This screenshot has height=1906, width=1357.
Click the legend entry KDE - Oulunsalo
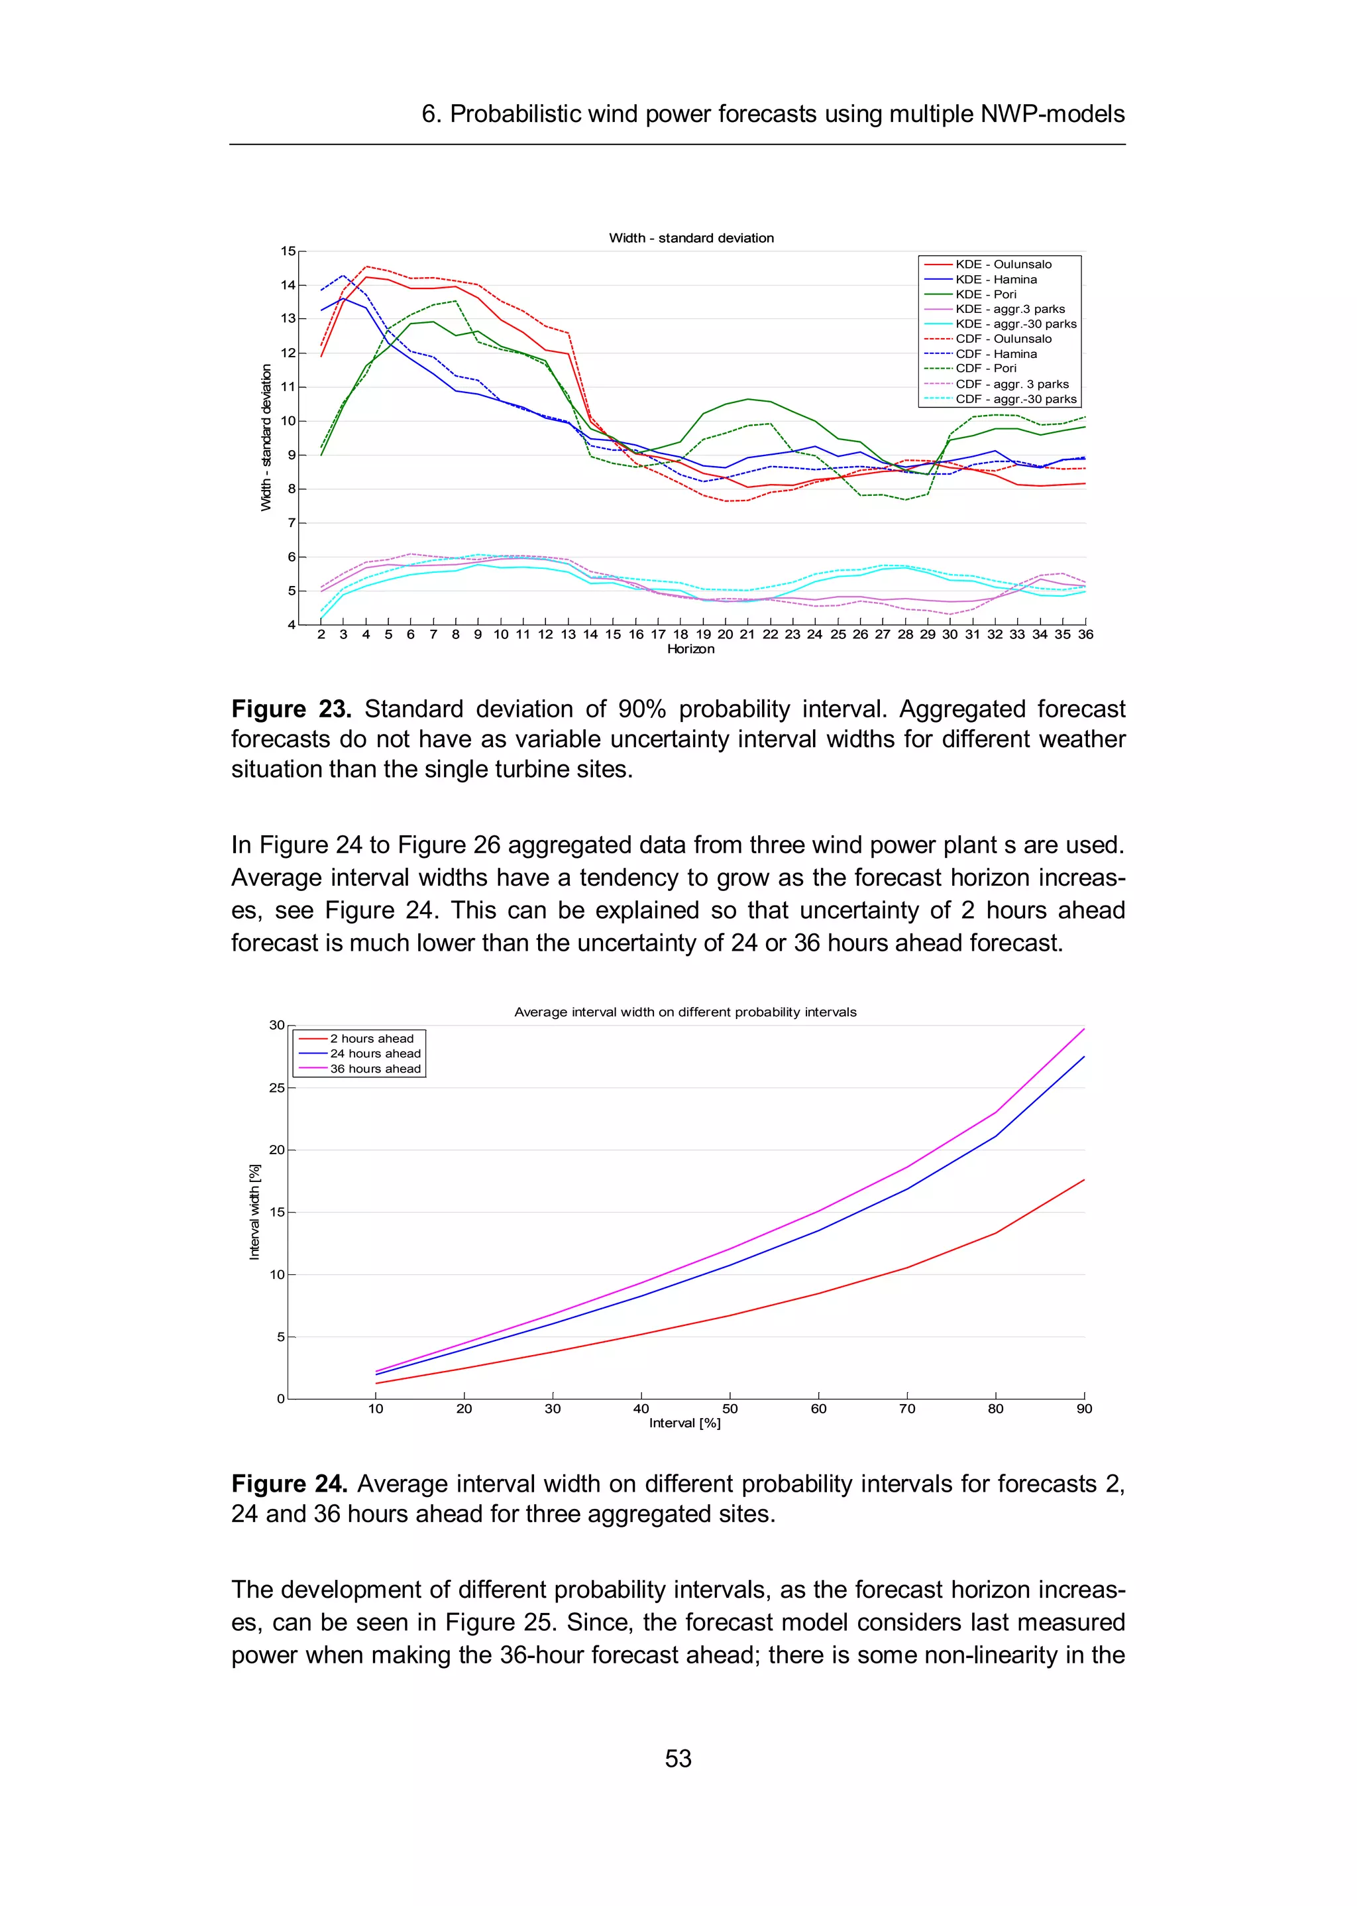click(1003, 264)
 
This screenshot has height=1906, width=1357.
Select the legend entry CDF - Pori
click(986, 369)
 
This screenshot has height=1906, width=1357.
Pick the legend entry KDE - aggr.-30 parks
click(1015, 324)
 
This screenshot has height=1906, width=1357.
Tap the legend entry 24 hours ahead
click(375, 1053)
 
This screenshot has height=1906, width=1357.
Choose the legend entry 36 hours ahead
click(375, 1069)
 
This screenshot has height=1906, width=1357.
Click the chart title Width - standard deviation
click(691, 238)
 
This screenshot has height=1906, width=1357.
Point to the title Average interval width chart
click(685, 1012)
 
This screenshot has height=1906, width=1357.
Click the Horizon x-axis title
click(690, 650)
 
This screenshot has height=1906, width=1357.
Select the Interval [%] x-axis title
click(684, 1423)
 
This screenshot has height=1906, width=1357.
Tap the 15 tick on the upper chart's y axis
click(288, 251)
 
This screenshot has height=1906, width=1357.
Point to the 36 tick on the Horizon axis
click(1085, 634)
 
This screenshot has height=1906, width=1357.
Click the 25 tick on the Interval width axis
click(276, 1088)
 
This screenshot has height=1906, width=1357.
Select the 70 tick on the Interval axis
click(906, 1409)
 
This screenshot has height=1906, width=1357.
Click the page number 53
click(678, 1758)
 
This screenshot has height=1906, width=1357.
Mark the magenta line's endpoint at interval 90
click(1084, 1029)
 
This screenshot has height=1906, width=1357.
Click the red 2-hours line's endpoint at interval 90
click(1084, 1179)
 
